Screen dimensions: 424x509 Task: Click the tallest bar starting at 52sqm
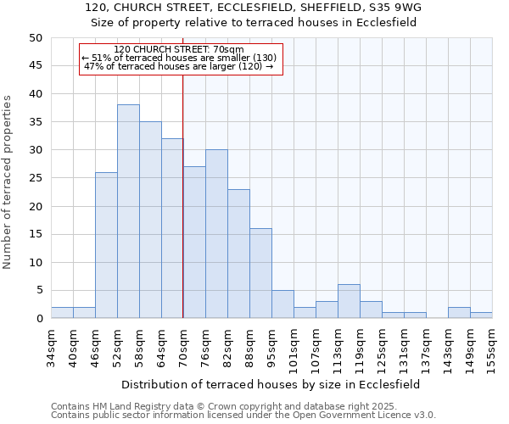click(x=128, y=211)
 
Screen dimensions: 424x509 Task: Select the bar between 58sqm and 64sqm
click(x=150, y=220)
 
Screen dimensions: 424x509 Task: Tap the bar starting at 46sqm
click(x=106, y=245)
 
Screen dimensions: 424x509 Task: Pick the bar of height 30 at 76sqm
click(x=216, y=234)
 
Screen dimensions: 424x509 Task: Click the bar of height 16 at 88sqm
click(x=260, y=273)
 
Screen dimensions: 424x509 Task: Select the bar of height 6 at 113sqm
click(x=349, y=301)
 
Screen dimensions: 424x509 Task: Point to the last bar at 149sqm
click(x=481, y=315)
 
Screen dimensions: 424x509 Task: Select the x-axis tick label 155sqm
click(x=493, y=346)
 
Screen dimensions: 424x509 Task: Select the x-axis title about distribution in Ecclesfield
click(x=271, y=384)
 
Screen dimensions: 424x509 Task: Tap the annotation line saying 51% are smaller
click(x=179, y=58)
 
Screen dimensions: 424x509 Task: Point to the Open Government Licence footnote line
click(x=243, y=416)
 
